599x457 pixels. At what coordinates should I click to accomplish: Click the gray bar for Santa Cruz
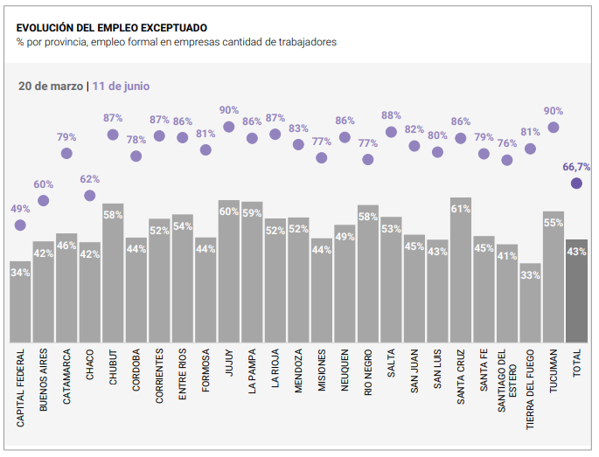pyautogui.click(x=461, y=271)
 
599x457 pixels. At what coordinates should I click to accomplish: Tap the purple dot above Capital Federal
pyautogui.click(x=20, y=225)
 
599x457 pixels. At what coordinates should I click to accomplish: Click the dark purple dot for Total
pyautogui.click(x=576, y=183)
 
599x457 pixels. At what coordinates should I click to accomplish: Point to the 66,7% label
pyautogui.click(x=576, y=166)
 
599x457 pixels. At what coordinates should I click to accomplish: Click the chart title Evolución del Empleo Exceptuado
pyautogui.click(x=105, y=27)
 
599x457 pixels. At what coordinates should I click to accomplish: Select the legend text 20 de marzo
pyautogui.click(x=51, y=87)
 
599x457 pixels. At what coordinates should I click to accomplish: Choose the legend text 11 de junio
pyautogui.click(x=121, y=87)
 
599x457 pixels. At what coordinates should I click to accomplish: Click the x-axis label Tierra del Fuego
pyautogui.click(x=530, y=388)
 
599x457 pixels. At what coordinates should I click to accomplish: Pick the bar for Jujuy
pyautogui.click(x=229, y=272)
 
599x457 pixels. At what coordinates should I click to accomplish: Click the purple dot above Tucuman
pyautogui.click(x=553, y=128)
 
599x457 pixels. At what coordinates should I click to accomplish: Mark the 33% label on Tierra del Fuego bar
pyautogui.click(x=530, y=275)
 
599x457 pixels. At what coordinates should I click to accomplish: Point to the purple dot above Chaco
pyautogui.click(x=90, y=195)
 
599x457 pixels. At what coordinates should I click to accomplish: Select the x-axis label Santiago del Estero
pyautogui.click(x=506, y=388)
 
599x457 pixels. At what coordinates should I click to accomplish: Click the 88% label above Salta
pyautogui.click(x=391, y=115)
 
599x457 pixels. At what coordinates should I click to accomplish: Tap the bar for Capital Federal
pyautogui.click(x=20, y=302)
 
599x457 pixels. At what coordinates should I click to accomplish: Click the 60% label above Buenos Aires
pyautogui.click(x=44, y=184)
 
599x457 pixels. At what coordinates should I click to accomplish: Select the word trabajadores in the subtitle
pyautogui.click(x=306, y=42)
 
